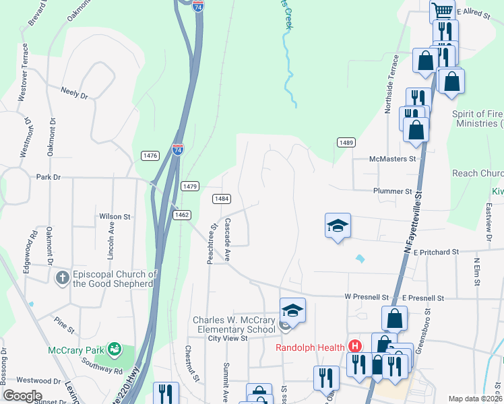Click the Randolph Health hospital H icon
[355, 347]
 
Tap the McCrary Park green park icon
[115, 349]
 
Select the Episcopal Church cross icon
[62, 277]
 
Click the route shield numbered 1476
[150, 156]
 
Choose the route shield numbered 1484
[222, 199]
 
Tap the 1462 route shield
[181, 215]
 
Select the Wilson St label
[115, 216]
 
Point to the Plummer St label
[393, 191]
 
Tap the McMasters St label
[393, 160]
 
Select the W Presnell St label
[367, 297]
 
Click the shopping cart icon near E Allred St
[442, 11]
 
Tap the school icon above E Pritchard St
[338, 226]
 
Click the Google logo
[22, 396]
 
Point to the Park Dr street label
[49, 177]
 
